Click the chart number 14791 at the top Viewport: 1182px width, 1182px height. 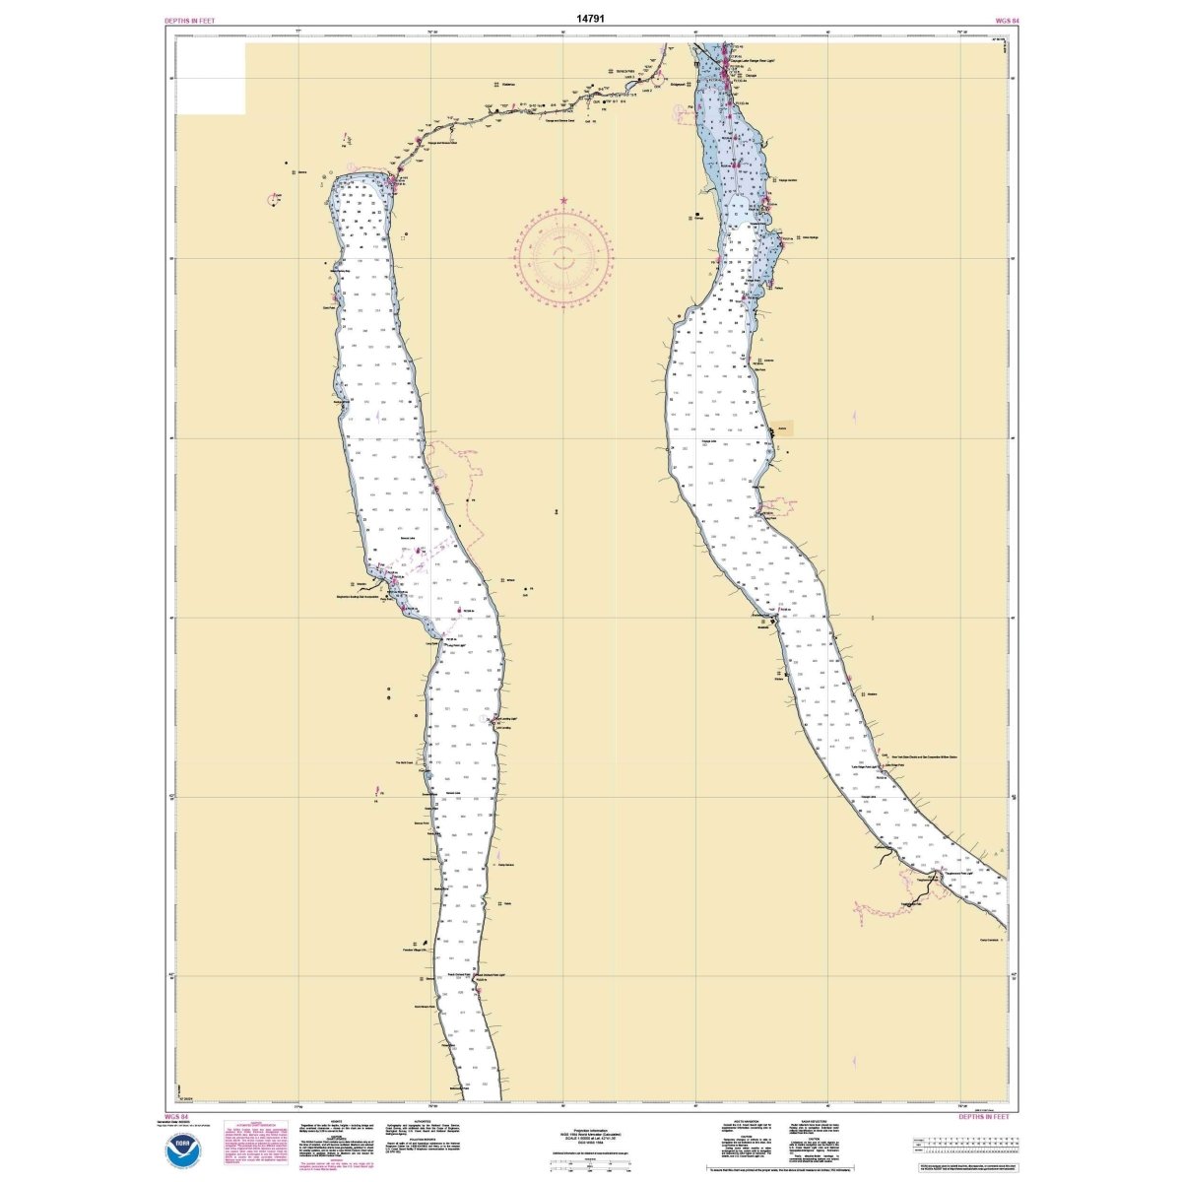590,18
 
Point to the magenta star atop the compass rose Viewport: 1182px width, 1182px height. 563,201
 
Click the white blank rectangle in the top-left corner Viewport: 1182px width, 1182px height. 209,78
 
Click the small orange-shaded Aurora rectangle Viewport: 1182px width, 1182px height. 781,430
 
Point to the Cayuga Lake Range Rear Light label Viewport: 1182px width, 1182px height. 755,61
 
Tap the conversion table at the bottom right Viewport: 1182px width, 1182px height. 960,1144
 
